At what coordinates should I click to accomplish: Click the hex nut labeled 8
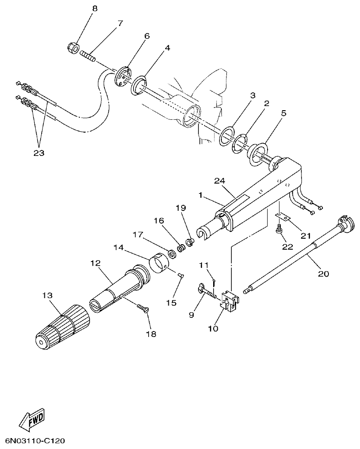(72, 47)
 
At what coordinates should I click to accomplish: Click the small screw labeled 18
(142, 309)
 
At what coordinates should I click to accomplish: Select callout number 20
(322, 274)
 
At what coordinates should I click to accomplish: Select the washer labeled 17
(172, 252)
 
